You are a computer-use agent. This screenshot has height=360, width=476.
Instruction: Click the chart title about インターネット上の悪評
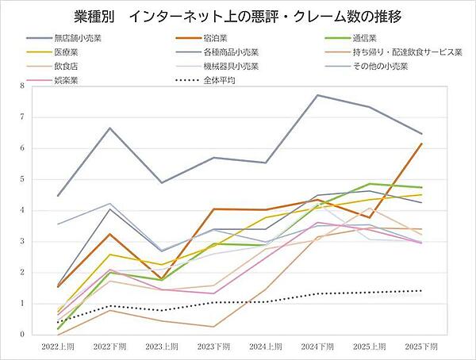(x=237, y=16)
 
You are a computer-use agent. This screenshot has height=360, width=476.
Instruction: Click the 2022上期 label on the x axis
(x=59, y=347)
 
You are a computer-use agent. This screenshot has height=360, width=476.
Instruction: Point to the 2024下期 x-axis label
(x=317, y=347)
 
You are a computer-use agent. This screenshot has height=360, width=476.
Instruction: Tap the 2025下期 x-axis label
(x=420, y=347)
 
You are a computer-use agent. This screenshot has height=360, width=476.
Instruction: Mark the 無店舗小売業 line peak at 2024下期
(x=317, y=95)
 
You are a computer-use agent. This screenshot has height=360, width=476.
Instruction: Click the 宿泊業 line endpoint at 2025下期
(x=421, y=144)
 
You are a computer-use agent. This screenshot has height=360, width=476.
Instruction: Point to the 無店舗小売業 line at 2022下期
(x=111, y=128)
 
